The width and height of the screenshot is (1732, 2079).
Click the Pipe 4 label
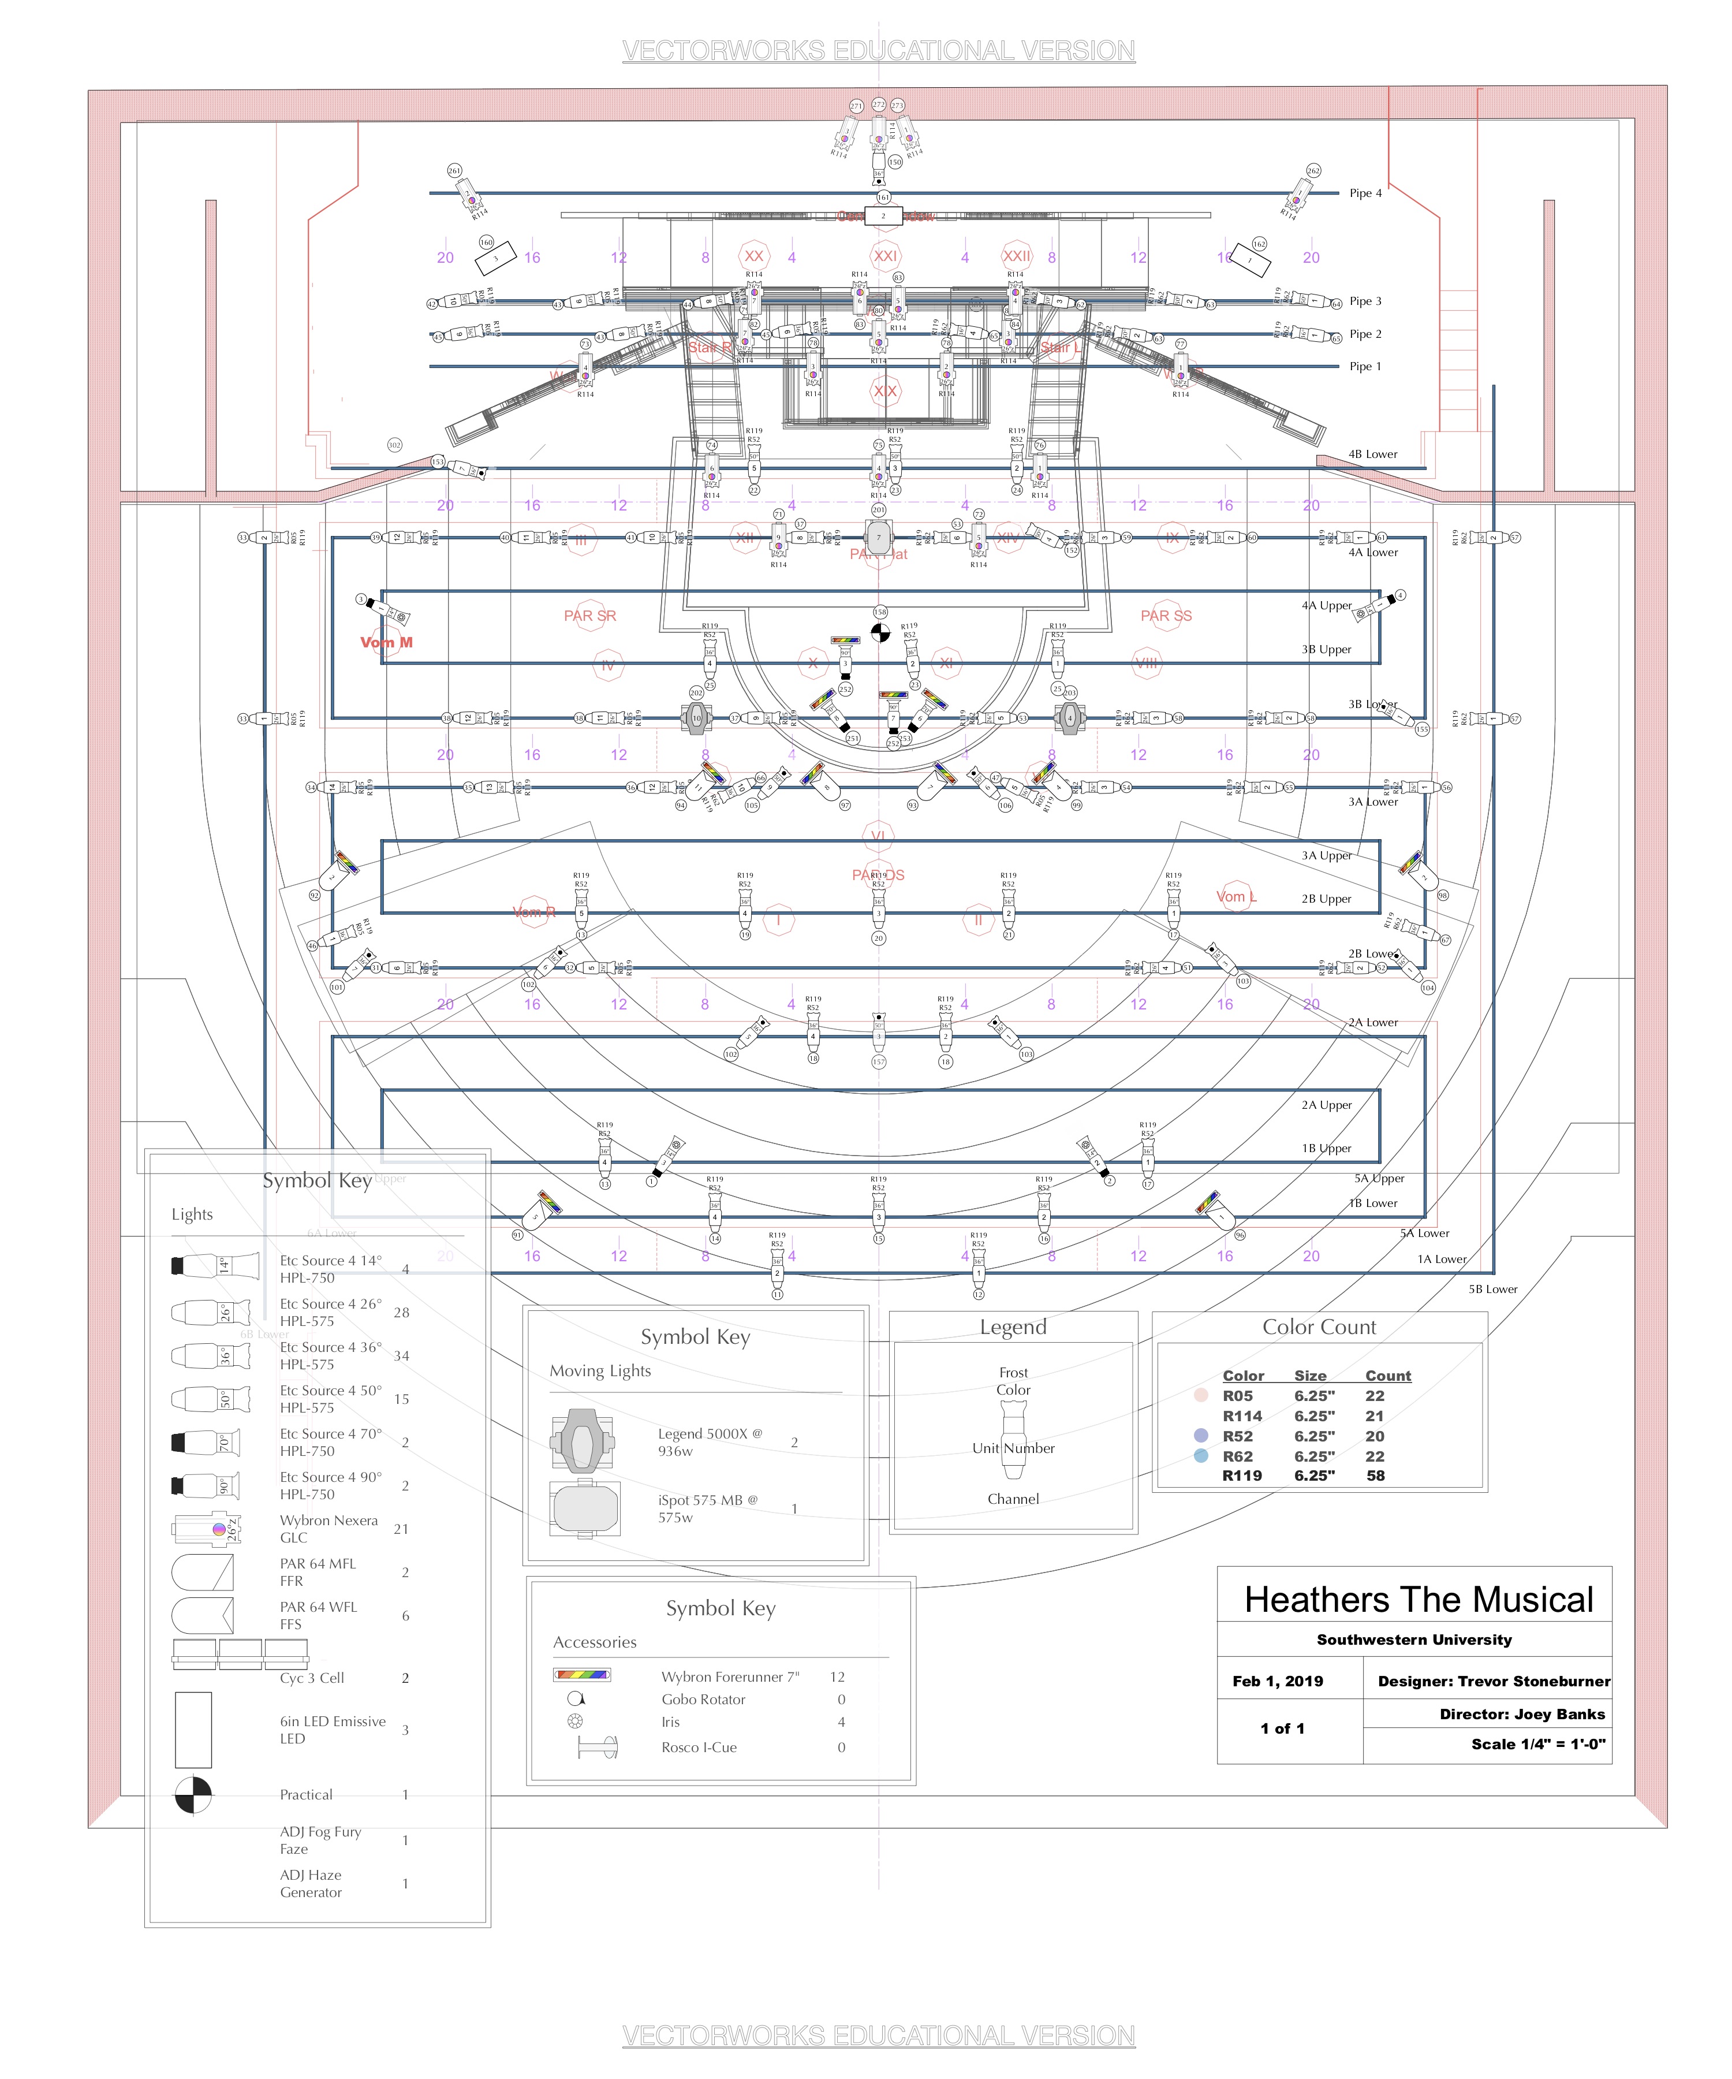click(x=1365, y=193)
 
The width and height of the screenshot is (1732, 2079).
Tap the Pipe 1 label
click(x=1365, y=366)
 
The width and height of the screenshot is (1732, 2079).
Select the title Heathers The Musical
click(x=1419, y=1599)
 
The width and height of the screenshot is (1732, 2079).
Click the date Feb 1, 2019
click(x=1276, y=1681)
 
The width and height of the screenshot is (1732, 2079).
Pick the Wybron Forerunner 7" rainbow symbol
click(x=582, y=1676)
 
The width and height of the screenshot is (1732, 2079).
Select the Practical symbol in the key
click(x=193, y=1795)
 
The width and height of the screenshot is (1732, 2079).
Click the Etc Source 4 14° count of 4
click(x=405, y=1269)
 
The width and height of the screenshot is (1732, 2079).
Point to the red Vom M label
click(x=386, y=643)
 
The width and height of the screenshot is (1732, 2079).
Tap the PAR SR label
click(x=590, y=616)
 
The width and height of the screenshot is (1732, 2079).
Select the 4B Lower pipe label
click(x=1373, y=454)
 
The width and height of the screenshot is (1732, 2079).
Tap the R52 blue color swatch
click(x=1200, y=1436)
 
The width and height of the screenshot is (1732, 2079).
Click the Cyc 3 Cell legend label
click(x=312, y=1678)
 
